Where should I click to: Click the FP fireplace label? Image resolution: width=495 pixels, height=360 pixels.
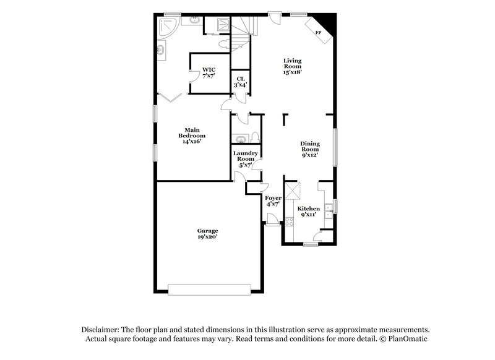(319, 32)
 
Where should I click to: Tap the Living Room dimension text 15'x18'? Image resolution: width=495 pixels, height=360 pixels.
(293, 72)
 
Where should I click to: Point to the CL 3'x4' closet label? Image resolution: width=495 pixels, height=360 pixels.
(240, 82)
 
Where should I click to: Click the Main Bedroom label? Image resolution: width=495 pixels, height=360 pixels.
(191, 135)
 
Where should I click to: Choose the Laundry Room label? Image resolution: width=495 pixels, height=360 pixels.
(245, 159)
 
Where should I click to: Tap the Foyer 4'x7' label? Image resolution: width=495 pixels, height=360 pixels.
(273, 202)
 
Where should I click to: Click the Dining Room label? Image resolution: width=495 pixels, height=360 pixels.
(309, 149)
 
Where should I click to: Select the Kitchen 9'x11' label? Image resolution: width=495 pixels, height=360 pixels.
(309, 212)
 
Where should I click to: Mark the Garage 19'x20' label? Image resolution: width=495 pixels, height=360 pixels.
(207, 233)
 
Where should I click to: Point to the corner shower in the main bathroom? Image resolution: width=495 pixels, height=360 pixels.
(167, 27)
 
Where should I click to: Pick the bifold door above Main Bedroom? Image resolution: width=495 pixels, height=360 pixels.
(171, 96)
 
